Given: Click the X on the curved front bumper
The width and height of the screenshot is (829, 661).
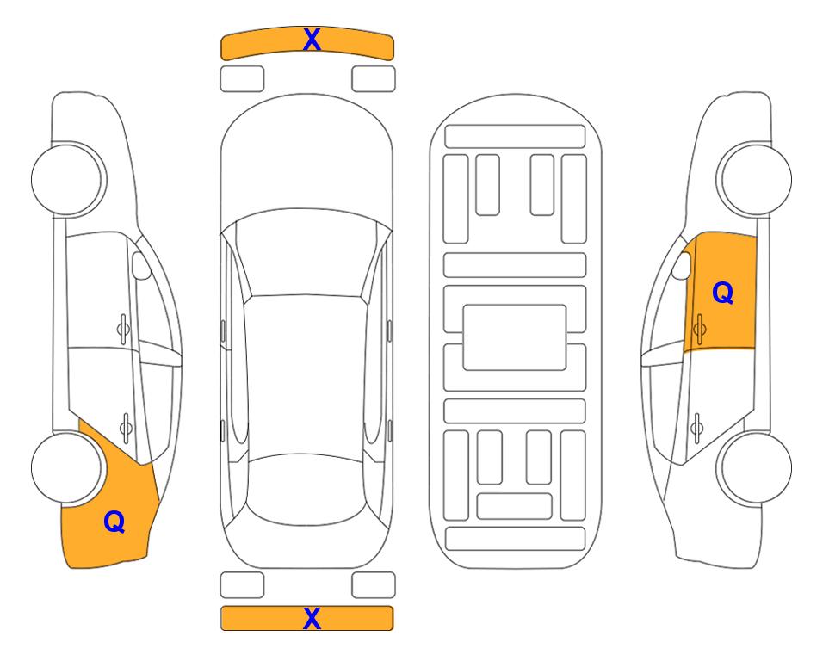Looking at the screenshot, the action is [312, 40].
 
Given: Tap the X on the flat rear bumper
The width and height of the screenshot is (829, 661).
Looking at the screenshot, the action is [312, 618].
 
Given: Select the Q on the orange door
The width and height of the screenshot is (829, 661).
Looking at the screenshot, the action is [723, 293].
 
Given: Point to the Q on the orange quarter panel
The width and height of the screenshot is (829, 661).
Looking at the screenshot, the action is [114, 522].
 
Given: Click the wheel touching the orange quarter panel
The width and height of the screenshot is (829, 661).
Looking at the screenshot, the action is [66, 467].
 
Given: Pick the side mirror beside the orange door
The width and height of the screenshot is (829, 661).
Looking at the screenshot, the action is [682, 265].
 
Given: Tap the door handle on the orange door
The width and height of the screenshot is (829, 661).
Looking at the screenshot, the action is [699, 329].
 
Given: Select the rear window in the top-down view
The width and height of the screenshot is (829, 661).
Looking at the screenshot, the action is [305, 489].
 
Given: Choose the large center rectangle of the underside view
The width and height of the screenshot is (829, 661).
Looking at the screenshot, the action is [515, 337].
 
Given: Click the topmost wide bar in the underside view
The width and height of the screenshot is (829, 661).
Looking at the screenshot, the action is [515, 137].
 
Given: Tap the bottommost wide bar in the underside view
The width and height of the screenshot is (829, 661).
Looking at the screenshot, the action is [515, 538].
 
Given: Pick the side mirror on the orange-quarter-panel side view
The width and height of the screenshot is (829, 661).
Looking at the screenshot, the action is [141, 265].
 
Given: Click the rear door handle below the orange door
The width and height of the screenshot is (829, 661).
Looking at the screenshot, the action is [696, 428].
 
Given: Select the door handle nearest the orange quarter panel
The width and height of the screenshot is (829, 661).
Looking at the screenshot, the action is [126, 427].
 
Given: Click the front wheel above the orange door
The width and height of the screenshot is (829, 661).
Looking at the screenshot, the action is [754, 179].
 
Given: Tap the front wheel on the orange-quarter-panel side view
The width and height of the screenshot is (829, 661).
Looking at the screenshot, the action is [67, 179].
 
